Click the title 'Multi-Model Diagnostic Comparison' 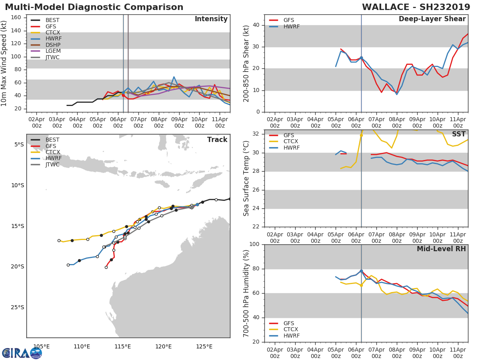(x=94, y=7)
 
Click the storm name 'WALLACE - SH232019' (x=416, y=7)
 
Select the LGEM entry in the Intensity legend (x=53, y=51)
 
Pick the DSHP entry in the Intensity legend (x=53, y=45)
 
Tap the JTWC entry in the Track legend (x=52, y=164)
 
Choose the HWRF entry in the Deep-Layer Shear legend (x=291, y=26)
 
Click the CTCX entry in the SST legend (x=290, y=142)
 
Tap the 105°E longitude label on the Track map (x=41, y=346)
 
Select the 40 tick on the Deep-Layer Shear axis (x=256, y=25)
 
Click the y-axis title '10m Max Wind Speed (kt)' (x=4, y=63)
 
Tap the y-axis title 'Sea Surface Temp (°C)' (x=246, y=178)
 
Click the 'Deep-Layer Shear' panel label (x=432, y=19)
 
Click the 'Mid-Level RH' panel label (x=441, y=249)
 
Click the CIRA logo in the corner (x=22, y=353)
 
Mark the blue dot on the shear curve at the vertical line (x=361, y=58)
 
